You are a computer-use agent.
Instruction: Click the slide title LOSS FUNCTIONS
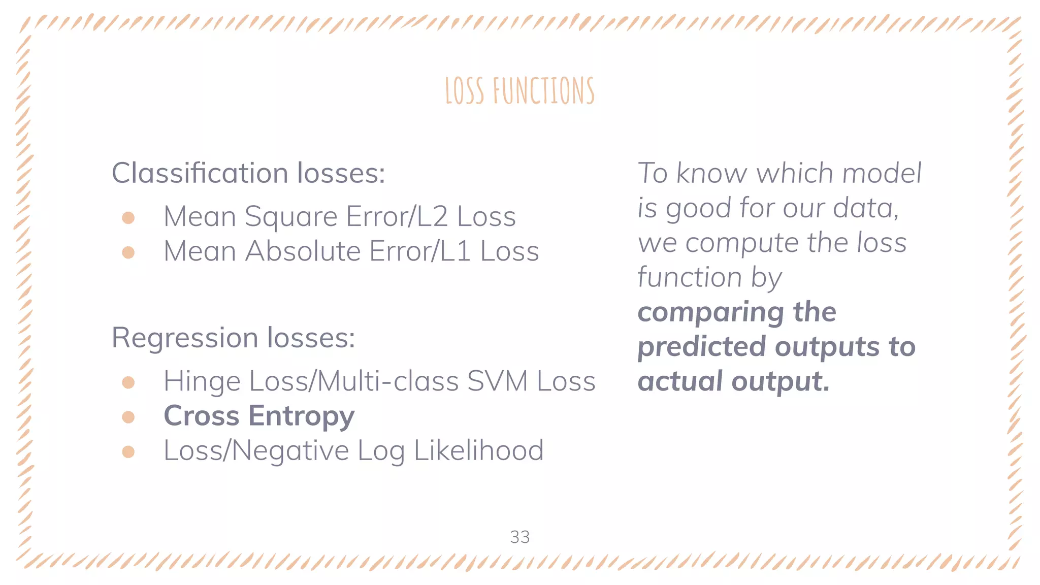tap(519, 91)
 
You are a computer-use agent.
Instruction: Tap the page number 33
tap(519, 537)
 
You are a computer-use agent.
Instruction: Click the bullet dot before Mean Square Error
tap(128, 218)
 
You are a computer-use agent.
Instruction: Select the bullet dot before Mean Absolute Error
tap(128, 252)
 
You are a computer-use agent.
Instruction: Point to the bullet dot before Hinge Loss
tap(128, 382)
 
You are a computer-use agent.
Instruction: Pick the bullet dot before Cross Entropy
tap(128, 417)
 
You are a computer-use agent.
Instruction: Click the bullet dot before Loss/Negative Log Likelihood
tap(128, 451)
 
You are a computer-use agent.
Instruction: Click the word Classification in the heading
tap(200, 173)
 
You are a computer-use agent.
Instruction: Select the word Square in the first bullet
tap(290, 217)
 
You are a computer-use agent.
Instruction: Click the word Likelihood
tap(478, 450)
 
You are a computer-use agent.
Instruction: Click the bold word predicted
tap(701, 347)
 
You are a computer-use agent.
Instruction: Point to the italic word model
tap(882, 173)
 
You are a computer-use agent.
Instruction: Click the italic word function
tap(689, 278)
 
